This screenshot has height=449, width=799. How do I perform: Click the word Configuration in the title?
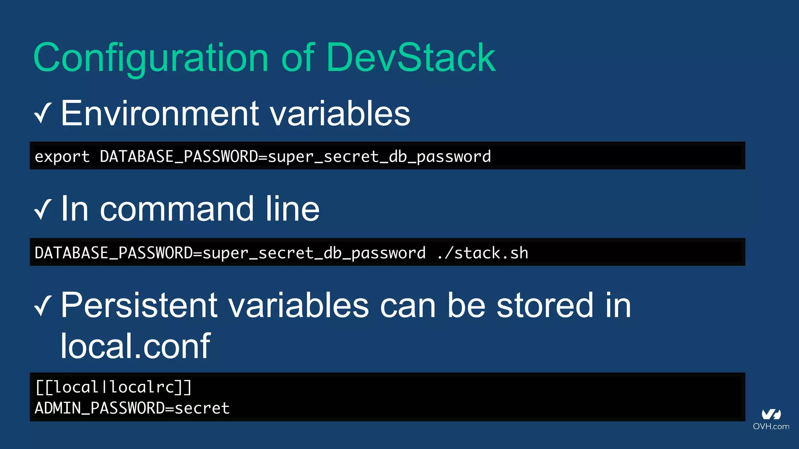click(151, 58)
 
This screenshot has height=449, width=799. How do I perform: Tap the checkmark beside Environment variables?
click(43, 113)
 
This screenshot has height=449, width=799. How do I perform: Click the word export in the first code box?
click(62, 157)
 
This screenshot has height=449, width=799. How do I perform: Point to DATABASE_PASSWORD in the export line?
click(179, 157)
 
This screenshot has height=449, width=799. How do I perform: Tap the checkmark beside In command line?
click(43, 209)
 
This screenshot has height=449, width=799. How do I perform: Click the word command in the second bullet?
click(177, 209)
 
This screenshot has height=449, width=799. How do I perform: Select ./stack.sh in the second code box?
click(483, 253)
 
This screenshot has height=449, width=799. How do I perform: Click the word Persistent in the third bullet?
click(139, 306)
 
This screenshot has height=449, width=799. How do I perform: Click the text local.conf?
click(135, 346)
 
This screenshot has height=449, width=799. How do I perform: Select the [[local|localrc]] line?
click(113, 387)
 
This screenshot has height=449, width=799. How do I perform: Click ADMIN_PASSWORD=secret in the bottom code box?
click(132, 408)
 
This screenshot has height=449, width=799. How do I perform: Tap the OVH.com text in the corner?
click(771, 426)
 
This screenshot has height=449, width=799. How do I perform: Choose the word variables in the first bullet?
click(340, 113)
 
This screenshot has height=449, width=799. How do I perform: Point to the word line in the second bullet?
click(292, 209)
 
